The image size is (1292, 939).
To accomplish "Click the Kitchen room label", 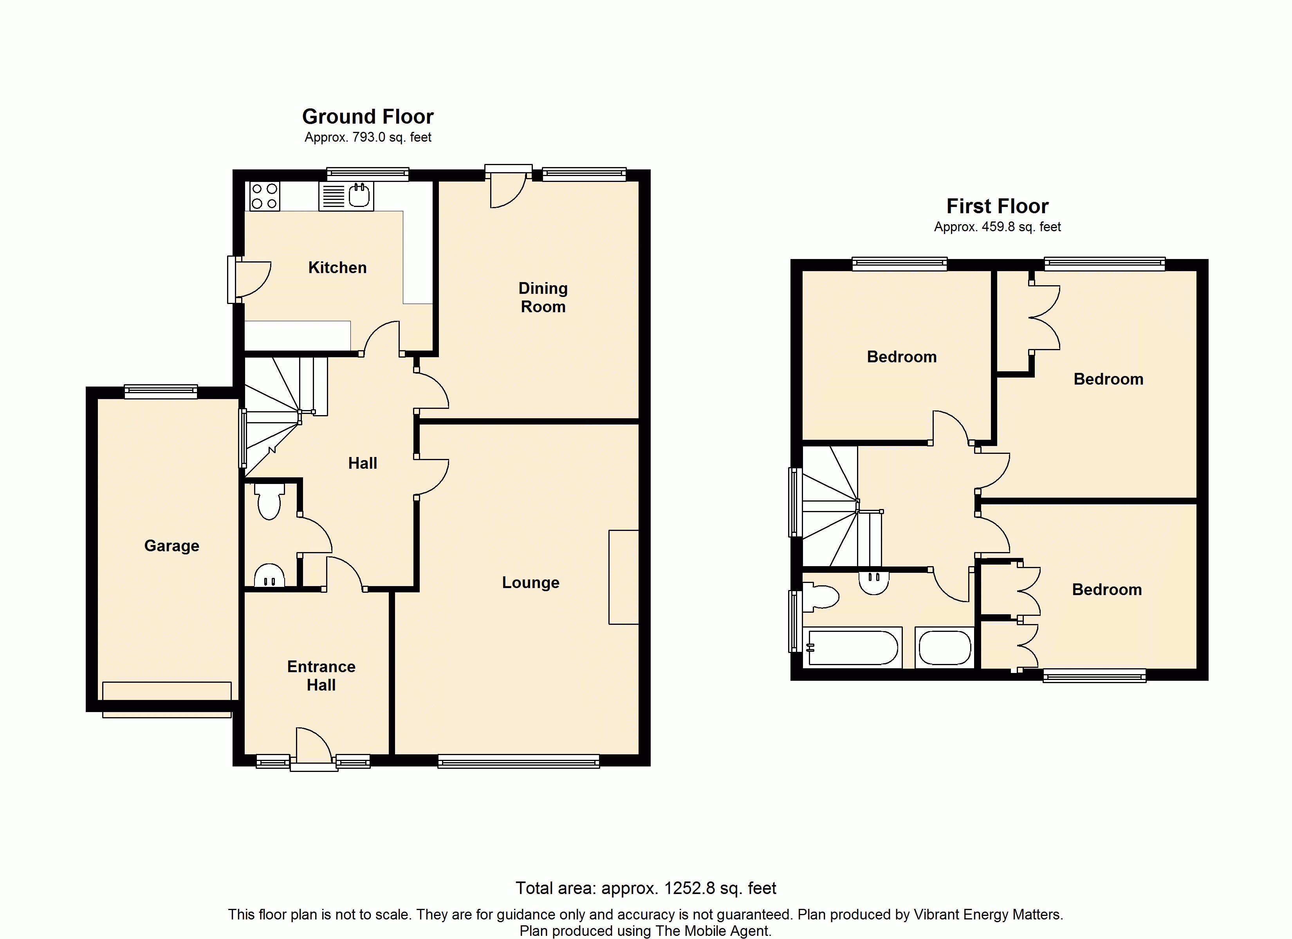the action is click(x=337, y=268).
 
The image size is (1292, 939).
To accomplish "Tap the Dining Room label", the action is click(x=543, y=297).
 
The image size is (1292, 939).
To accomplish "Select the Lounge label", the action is click(x=531, y=583).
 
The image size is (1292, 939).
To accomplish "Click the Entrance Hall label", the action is click(x=321, y=676).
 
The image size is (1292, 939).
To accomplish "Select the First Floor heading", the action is click(x=998, y=206).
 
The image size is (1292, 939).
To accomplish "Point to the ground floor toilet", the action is click(x=269, y=501).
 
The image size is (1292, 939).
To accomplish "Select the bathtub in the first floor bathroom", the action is click(x=852, y=648).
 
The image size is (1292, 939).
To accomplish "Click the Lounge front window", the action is click(x=518, y=761).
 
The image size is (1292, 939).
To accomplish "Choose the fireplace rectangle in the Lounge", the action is click(x=624, y=577).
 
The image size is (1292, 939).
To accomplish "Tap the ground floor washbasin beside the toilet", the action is click(x=269, y=575).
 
